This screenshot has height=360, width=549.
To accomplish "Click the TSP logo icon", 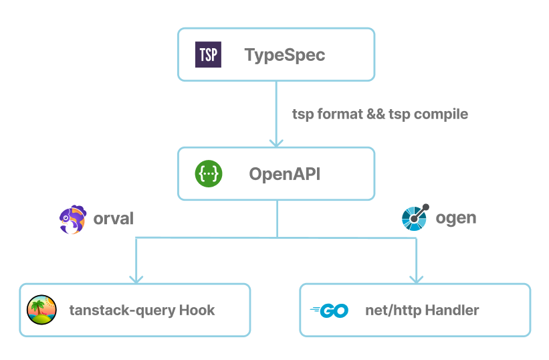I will point(208,55).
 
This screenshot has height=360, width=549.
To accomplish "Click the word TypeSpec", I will point(285,55).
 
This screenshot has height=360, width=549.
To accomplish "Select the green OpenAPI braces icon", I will point(208,174).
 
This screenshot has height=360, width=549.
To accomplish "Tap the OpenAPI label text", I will point(285,174).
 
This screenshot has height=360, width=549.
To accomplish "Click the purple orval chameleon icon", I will point(72,219).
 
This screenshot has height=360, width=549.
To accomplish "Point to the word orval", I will point(113,218).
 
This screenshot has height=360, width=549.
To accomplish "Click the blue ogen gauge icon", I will point(415,217).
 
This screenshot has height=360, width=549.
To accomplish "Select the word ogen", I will point(456,217).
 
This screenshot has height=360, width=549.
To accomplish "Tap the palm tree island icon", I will point(41,310).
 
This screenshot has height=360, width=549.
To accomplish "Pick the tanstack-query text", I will point(122,310).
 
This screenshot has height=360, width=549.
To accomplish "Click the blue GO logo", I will point(329,310).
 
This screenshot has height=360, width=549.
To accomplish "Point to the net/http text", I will point(392,310).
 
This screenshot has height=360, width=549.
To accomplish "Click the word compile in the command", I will point(441,114).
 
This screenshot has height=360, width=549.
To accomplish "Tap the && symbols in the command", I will point(375,114).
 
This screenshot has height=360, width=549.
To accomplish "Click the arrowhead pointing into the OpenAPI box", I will point(276,142).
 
